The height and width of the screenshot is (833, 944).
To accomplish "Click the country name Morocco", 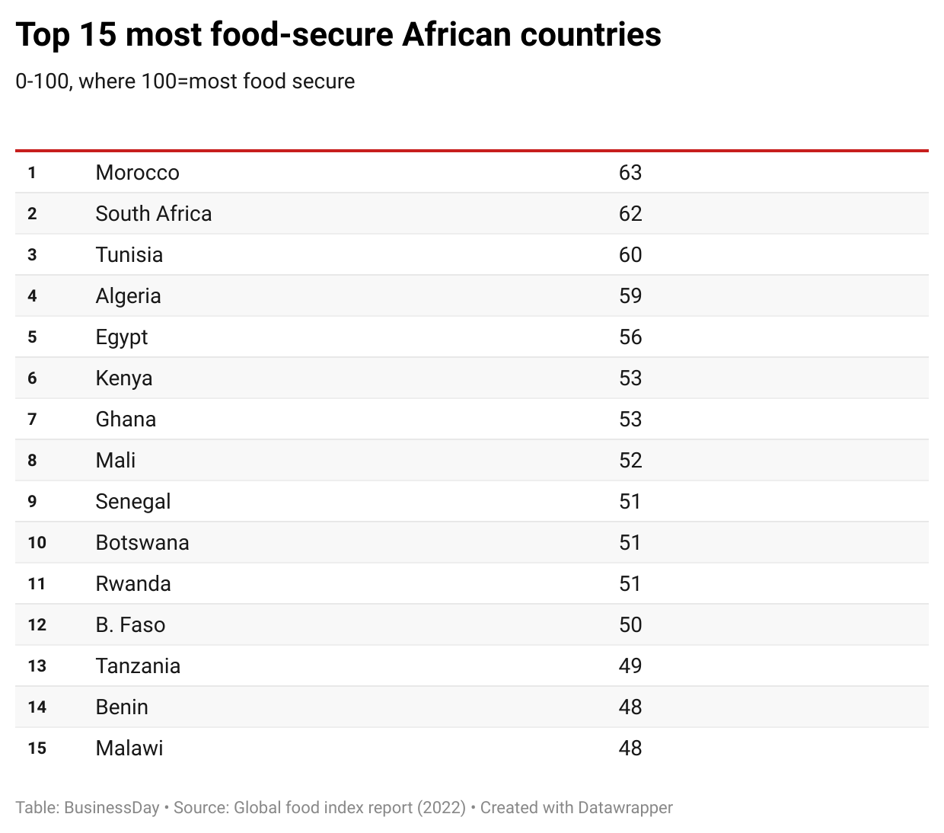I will tap(137, 173).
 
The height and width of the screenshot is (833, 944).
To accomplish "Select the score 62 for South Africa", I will tap(630, 214).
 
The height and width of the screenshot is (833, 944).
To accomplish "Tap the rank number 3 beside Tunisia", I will tap(32, 255).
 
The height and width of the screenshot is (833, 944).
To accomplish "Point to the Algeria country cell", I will tap(128, 296).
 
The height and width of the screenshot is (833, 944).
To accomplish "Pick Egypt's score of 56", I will tap(630, 337).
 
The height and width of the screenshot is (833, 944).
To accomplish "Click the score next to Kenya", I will tap(630, 378).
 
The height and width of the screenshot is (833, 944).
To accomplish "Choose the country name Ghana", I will tap(126, 420).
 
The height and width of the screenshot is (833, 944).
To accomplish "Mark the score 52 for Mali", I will tap(630, 461).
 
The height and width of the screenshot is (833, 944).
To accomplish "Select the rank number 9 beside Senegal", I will tap(32, 502).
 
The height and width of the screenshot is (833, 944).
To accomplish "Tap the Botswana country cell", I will tap(142, 543).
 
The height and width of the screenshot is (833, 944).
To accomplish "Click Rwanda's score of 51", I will tap(630, 584).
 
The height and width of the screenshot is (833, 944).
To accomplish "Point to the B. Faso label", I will tap(130, 625).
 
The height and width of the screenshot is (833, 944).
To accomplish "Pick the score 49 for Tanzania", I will tap(630, 666).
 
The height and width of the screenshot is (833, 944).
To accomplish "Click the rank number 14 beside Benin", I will tap(37, 707).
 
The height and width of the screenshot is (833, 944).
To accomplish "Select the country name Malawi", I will tap(129, 748).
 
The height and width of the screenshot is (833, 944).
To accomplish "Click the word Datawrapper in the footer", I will tap(625, 808).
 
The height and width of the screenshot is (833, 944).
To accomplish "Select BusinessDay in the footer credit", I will tap(111, 808).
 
